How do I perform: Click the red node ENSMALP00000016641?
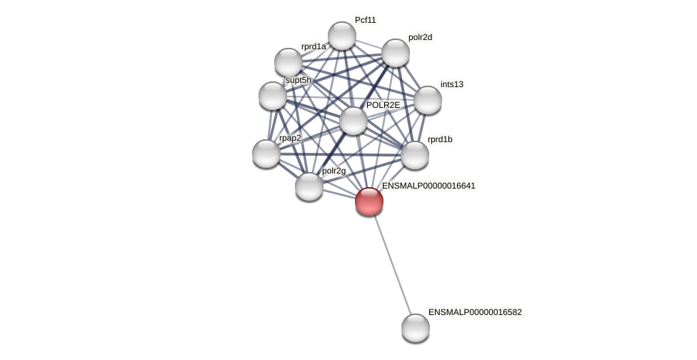[x=368, y=201]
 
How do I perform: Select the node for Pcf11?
[x=341, y=36]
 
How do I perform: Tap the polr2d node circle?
[x=395, y=53]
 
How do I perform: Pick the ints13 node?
[x=427, y=100]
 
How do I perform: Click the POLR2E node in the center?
[x=353, y=121]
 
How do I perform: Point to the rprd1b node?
[x=414, y=155]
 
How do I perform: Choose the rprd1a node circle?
[x=288, y=62]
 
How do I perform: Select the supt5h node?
[x=272, y=96]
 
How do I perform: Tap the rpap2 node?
[x=266, y=154]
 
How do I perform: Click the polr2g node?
[x=309, y=186]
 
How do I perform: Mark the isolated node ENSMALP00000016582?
[x=415, y=328]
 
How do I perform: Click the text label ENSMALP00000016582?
[x=475, y=312]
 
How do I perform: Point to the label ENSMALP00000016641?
[x=428, y=186]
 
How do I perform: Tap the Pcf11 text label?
[x=365, y=20]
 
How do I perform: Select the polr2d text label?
[x=420, y=37]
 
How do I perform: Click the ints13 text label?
[x=451, y=84]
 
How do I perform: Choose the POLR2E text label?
[x=383, y=105]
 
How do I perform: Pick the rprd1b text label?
[x=439, y=139]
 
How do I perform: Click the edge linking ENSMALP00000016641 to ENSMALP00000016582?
[x=392, y=264]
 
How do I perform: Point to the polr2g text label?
[x=334, y=171]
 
